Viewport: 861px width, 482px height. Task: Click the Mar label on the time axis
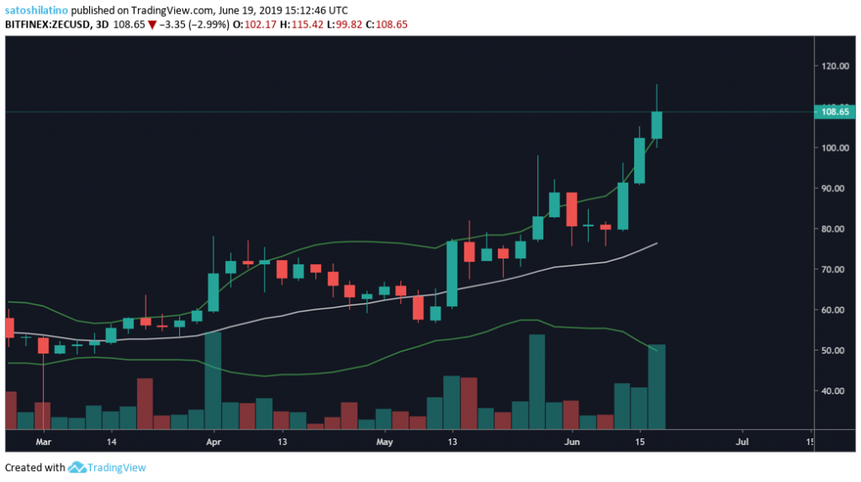(x=44, y=441)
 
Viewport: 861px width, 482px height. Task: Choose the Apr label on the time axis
(x=214, y=441)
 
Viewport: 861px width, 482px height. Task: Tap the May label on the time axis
(x=384, y=441)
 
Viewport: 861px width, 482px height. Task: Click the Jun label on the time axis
(x=572, y=441)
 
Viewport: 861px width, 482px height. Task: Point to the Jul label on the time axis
(x=742, y=441)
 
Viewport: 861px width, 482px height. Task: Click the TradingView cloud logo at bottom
(x=79, y=467)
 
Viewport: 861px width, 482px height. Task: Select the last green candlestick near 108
(x=657, y=124)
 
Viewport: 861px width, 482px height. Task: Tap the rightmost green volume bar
(x=657, y=386)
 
